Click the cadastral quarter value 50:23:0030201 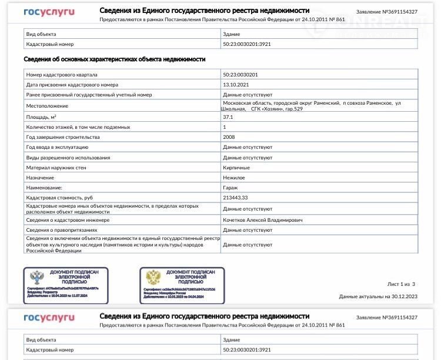(x=240, y=75)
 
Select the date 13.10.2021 (x=235, y=85)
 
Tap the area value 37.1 (x=228, y=117)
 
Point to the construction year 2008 (x=229, y=137)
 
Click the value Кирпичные (x=236, y=168)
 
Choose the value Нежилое (x=234, y=177)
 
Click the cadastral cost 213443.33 (x=236, y=198)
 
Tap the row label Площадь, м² (x=41, y=117)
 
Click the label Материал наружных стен (x=56, y=168)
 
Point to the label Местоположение (x=47, y=106)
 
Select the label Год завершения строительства (x=63, y=137)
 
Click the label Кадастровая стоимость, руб (x=59, y=198)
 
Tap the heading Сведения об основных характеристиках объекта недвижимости (x=114, y=59)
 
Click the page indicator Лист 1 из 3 (x=402, y=284)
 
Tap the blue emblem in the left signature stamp (x=37, y=278)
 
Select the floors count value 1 (x=225, y=127)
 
